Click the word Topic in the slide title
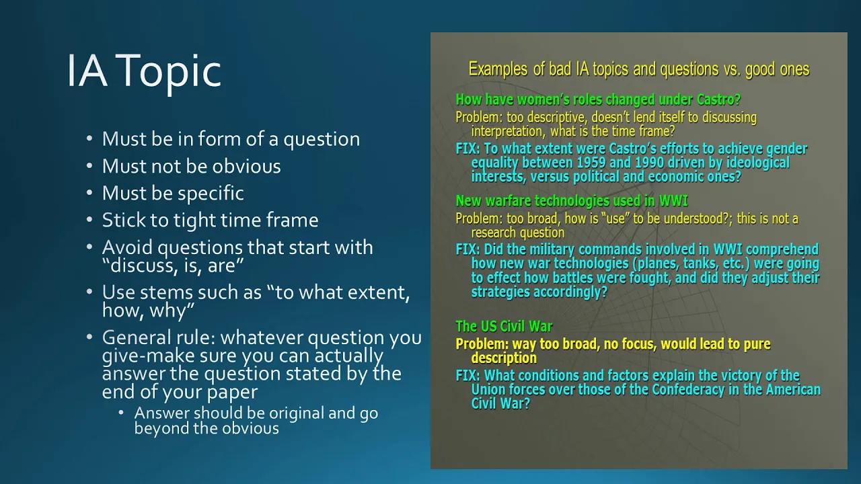172,72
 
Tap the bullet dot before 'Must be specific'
89,192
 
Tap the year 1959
591,163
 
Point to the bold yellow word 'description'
504,358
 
